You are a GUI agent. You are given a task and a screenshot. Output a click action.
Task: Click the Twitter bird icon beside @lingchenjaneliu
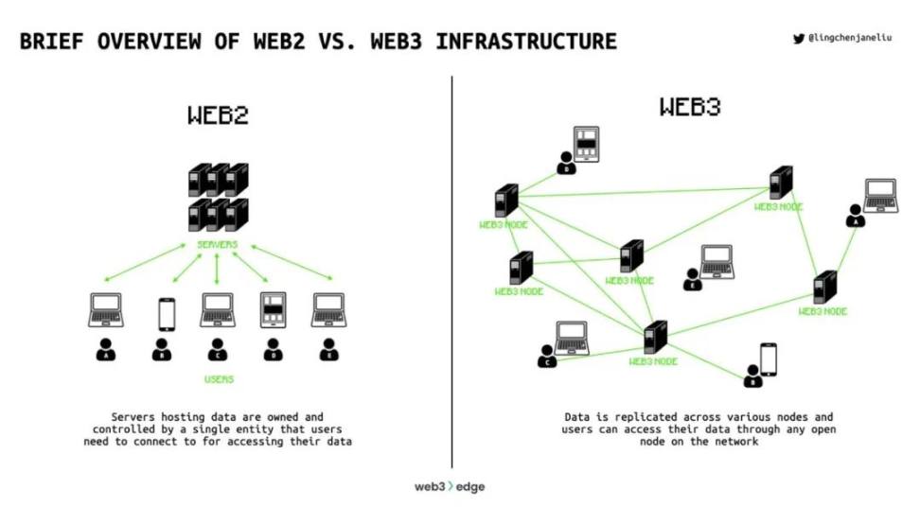click(x=798, y=39)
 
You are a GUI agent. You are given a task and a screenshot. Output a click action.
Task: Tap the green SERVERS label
click(x=217, y=244)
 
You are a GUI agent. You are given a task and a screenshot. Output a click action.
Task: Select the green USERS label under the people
click(x=219, y=379)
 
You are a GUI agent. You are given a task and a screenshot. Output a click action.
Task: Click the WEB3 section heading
click(x=689, y=107)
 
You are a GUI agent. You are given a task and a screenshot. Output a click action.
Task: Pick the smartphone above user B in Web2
click(x=167, y=314)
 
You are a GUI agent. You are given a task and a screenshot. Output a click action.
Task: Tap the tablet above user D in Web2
click(x=273, y=310)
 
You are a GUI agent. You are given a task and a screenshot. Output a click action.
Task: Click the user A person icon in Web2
click(x=105, y=350)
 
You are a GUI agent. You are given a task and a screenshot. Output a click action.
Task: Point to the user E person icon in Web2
click(x=328, y=350)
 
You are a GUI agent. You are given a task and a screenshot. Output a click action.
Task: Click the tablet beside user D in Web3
click(x=587, y=144)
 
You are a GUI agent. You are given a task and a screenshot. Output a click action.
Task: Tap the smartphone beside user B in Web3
click(x=768, y=358)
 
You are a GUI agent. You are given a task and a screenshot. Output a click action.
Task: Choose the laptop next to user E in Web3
click(x=716, y=260)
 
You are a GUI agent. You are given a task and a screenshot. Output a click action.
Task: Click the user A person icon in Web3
click(x=855, y=216)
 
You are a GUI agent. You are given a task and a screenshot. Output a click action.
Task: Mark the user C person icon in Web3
click(x=547, y=356)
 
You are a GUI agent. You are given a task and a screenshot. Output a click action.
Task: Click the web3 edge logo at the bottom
click(x=450, y=486)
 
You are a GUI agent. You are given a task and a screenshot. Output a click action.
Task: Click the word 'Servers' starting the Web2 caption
click(x=134, y=417)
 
